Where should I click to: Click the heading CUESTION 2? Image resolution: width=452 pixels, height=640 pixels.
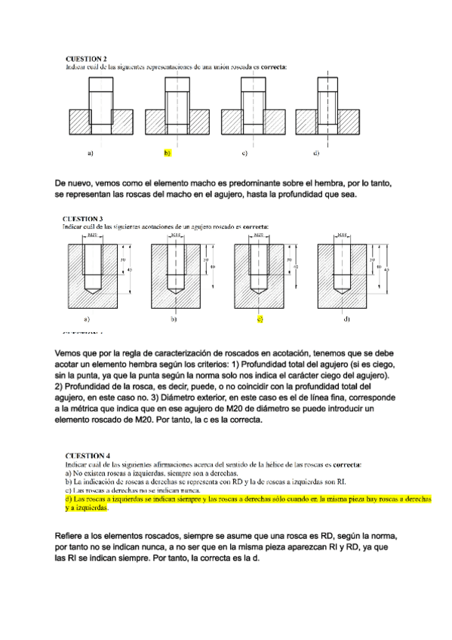pyautogui.click(x=86, y=58)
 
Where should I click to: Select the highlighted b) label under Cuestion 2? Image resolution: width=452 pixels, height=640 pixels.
pyautogui.click(x=168, y=153)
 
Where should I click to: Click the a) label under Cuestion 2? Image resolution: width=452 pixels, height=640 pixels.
pyautogui.click(x=90, y=153)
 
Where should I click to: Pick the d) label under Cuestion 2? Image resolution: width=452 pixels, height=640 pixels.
pyautogui.click(x=315, y=153)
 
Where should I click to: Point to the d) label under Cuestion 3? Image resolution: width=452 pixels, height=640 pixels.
pyautogui.click(x=346, y=319)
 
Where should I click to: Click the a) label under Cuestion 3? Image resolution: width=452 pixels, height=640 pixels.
pyautogui.click(x=87, y=319)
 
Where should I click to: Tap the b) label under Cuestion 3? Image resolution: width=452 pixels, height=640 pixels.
pyautogui.click(x=173, y=319)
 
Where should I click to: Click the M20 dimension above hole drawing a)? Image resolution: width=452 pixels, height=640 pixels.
pyautogui.click(x=91, y=235)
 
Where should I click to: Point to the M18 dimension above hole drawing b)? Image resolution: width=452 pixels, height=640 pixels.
pyautogui.click(x=176, y=235)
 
